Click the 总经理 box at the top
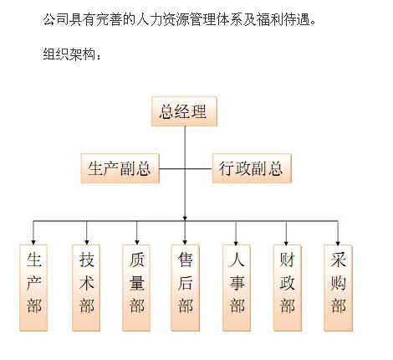click(x=184, y=111)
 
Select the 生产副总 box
click(x=120, y=168)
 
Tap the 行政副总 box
click(x=252, y=168)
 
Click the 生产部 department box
click(x=33, y=288)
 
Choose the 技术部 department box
click(x=86, y=288)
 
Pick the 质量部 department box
click(x=136, y=288)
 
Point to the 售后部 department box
click(x=185, y=288)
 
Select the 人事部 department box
click(x=237, y=288)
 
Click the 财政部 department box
click(x=287, y=288)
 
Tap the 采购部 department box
click(x=338, y=288)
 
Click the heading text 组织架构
click(x=69, y=54)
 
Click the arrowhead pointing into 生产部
click(x=33, y=242)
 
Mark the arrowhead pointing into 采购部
click(x=338, y=243)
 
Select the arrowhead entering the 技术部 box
click(x=87, y=242)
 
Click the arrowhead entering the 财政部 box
click(x=286, y=243)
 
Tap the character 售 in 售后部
click(x=185, y=260)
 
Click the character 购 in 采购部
click(x=338, y=283)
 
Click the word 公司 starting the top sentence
click(x=56, y=19)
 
